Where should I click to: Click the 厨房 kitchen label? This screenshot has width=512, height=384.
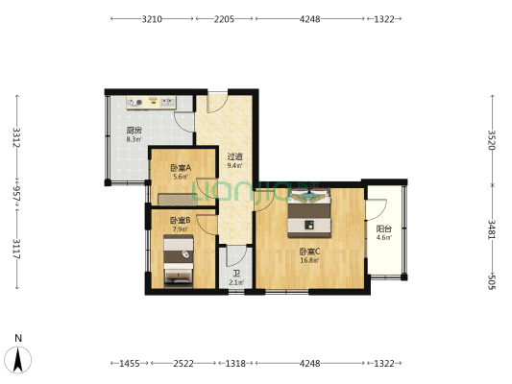click(x=134, y=132)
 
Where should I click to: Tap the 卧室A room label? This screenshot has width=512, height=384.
click(x=181, y=167)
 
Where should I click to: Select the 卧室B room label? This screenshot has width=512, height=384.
click(x=181, y=220)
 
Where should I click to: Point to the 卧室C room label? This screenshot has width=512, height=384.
click(x=309, y=252)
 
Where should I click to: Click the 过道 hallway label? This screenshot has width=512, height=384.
click(x=234, y=156)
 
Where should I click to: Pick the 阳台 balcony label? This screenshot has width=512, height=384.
click(x=383, y=228)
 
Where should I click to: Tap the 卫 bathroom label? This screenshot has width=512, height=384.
click(x=235, y=274)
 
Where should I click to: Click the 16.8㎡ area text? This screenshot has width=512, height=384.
click(x=309, y=260)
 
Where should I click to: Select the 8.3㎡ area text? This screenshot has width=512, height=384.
click(x=134, y=140)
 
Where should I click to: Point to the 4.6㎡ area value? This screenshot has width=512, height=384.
click(x=383, y=237)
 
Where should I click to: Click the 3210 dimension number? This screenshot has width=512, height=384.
click(x=152, y=19)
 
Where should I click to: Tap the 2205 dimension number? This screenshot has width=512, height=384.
click(x=224, y=19)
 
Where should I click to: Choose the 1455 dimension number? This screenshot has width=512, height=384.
click(x=127, y=364)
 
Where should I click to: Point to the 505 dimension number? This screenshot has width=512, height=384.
click(x=491, y=281)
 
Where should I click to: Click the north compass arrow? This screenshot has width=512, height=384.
click(x=19, y=357)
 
